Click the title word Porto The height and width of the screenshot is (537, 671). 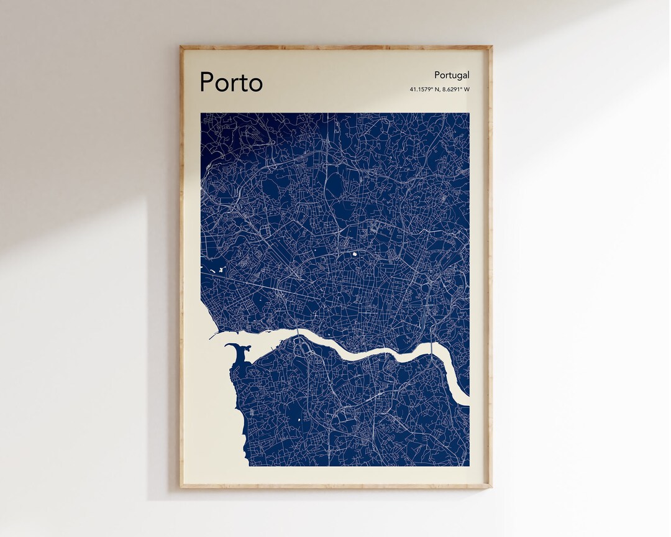(x=231, y=83)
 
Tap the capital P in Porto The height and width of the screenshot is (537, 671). (x=208, y=82)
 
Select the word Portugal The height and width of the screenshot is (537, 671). (x=452, y=75)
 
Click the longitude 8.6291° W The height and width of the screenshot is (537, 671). (x=456, y=89)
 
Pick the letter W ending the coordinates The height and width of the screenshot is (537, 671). (x=467, y=89)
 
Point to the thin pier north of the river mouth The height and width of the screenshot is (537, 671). (x=217, y=334)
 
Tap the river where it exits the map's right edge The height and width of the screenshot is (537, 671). (x=465, y=398)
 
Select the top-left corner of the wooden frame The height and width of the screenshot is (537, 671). (x=181, y=47)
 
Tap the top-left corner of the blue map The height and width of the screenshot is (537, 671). (x=201, y=113)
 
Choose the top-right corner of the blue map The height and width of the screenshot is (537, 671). (x=469, y=113)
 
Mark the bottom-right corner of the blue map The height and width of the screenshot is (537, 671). (x=469, y=466)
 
